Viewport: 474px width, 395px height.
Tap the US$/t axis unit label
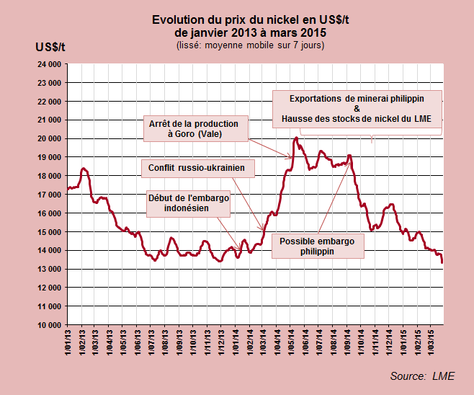pos(50,47)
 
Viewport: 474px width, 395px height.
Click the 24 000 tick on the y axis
pos(48,64)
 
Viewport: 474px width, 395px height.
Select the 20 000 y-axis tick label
pos(48,138)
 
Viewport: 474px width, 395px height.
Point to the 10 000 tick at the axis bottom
pos(48,325)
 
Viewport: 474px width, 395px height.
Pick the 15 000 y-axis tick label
pos(48,232)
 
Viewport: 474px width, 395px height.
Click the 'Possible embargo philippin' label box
pos(318,247)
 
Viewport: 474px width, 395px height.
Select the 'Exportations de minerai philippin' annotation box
pos(357,109)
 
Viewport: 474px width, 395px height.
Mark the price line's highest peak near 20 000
pos(296,138)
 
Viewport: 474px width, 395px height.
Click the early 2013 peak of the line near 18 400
pos(84,168)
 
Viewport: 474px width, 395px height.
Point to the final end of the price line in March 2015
pos(442,263)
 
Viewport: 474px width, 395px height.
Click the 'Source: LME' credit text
pos(422,376)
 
